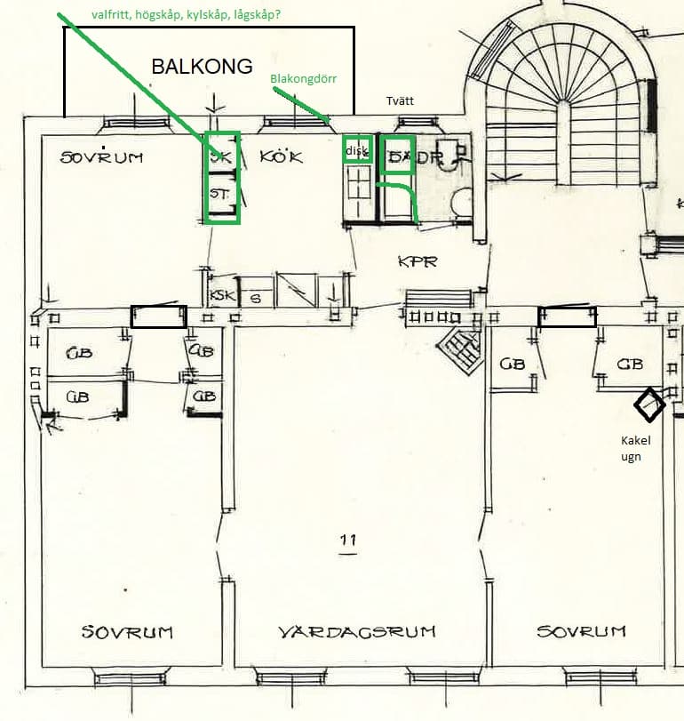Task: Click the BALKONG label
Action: coord(202,67)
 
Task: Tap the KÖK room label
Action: coord(282,156)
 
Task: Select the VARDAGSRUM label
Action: coord(357,632)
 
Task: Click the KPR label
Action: coord(418,262)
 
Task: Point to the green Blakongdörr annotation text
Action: coord(304,78)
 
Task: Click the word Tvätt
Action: coord(400,100)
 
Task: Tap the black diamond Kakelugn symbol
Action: coord(649,405)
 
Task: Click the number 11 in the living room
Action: coord(347,540)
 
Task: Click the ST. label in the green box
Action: coord(218,192)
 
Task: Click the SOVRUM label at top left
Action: coord(102,157)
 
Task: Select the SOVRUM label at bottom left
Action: coord(127,632)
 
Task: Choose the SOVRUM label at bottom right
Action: coord(581,631)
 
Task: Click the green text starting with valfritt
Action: coord(186,15)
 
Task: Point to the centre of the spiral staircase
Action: coord(561,116)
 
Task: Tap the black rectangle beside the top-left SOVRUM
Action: coord(159,316)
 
